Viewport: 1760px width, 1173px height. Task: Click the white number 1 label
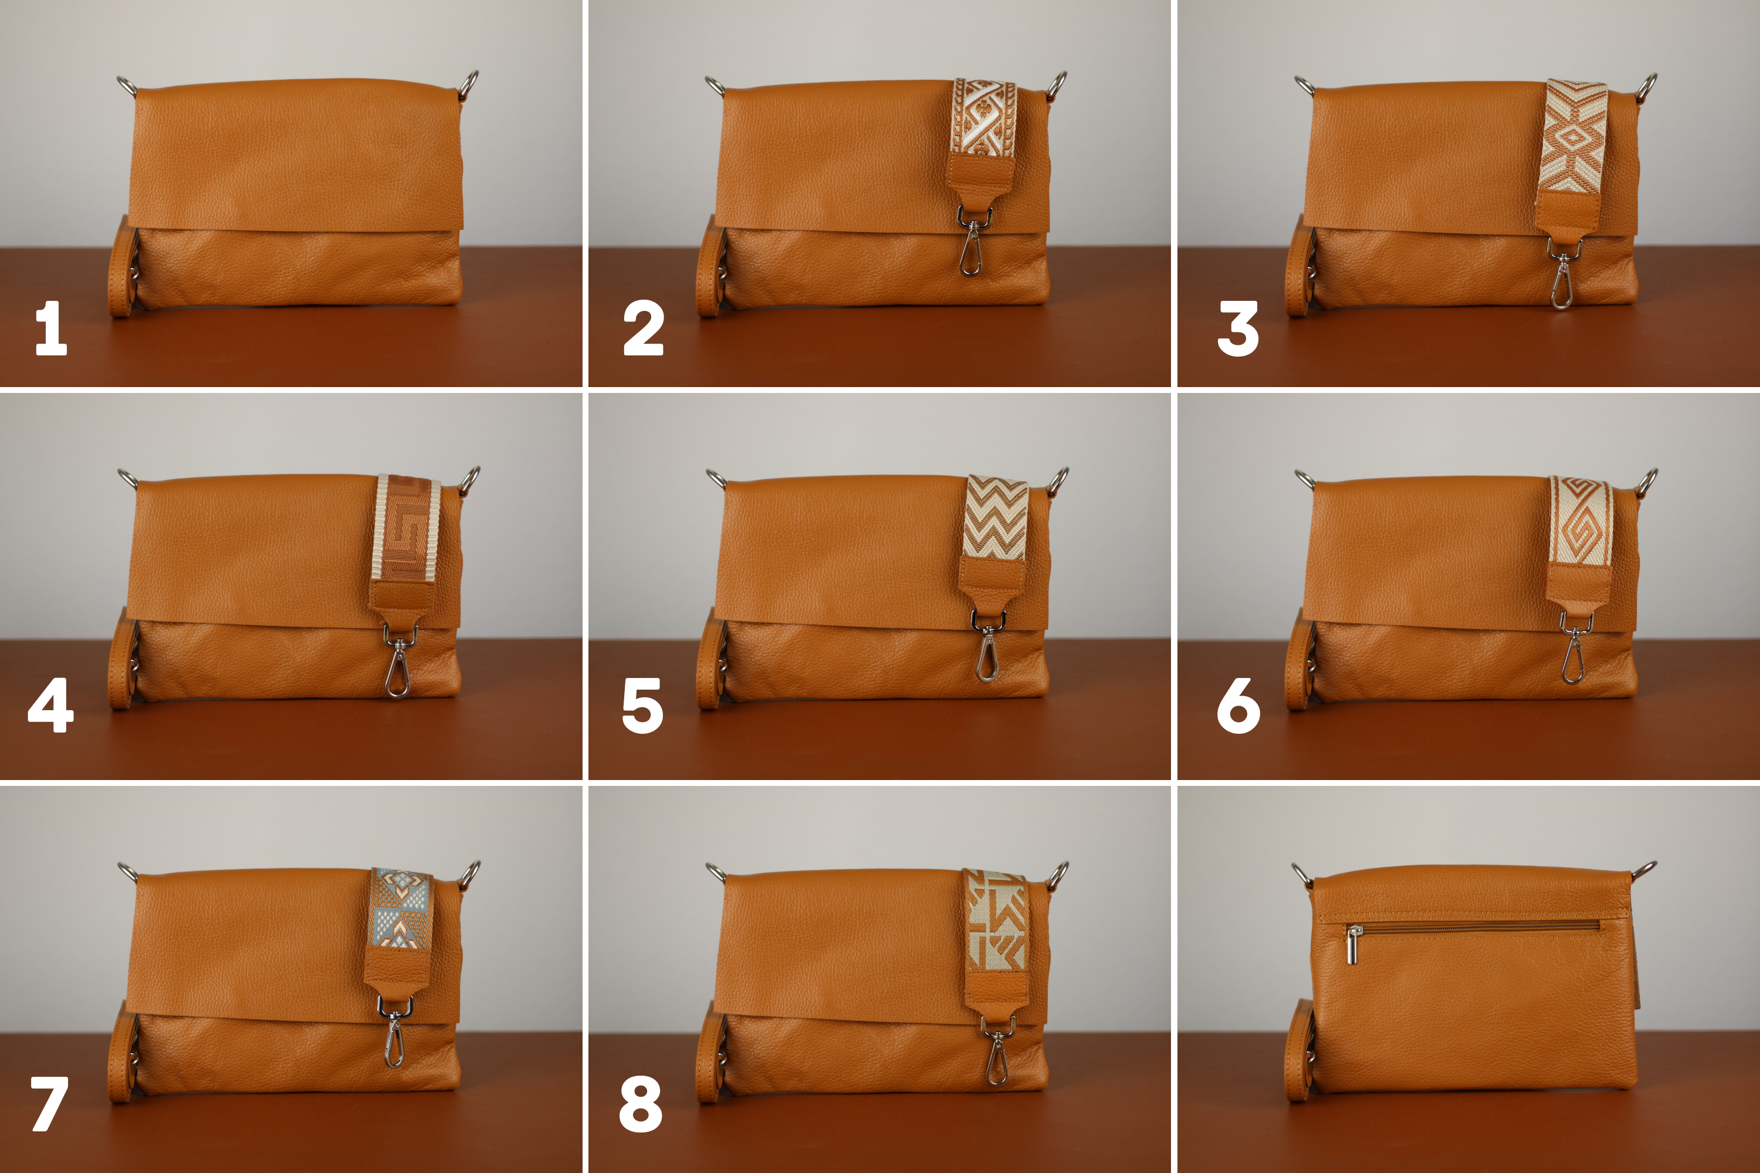[51, 328]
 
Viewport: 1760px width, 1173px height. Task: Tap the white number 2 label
[644, 328]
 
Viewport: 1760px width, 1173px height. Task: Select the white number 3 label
[1238, 328]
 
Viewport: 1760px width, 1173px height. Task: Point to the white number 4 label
[51, 705]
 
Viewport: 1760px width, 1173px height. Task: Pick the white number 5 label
[643, 706]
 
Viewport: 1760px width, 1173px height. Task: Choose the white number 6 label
[1238, 706]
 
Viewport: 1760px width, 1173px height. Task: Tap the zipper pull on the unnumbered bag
[1355, 944]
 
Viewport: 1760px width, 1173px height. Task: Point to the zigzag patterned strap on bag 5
[995, 517]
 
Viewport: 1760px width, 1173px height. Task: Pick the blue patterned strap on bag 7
[402, 909]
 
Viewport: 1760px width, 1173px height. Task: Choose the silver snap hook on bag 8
[996, 1050]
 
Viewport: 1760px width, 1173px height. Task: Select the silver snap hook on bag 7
[394, 1032]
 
